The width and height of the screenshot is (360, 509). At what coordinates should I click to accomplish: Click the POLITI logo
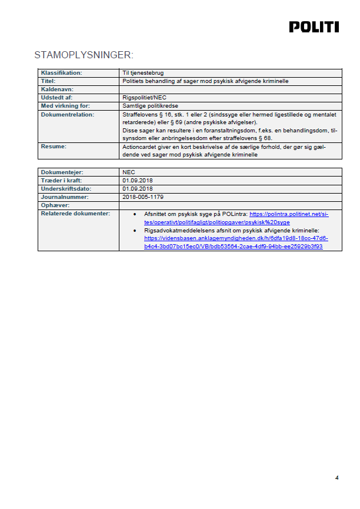[x=314, y=27]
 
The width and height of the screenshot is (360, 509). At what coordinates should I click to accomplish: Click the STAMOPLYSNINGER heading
[x=84, y=55]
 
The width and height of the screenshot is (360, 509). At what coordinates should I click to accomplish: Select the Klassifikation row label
[x=61, y=73]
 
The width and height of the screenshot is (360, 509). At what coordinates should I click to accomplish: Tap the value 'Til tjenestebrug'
[x=139, y=73]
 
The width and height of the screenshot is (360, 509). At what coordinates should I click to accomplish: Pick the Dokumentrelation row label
[x=67, y=114]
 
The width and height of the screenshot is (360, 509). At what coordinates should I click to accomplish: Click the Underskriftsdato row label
[x=66, y=188]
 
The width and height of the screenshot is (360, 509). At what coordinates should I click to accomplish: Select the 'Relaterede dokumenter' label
[x=75, y=213]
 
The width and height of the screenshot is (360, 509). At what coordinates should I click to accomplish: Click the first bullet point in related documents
[x=136, y=215]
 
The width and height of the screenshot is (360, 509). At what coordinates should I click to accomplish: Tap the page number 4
[x=336, y=477]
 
